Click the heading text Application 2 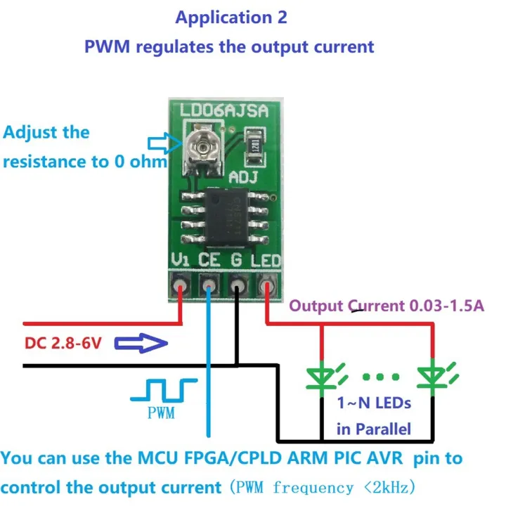point(231,17)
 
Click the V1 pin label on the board point(181,261)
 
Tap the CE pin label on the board point(209,261)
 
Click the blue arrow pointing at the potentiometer point(164,145)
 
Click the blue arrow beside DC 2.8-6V point(141,344)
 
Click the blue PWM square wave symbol point(164,390)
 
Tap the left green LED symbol point(323,377)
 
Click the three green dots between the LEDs point(378,378)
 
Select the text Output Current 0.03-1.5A point(387,306)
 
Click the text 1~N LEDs point(373,404)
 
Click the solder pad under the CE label point(209,287)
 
